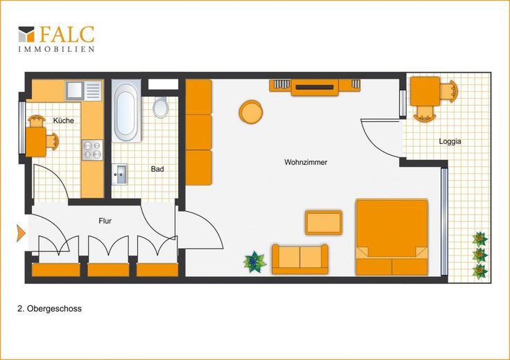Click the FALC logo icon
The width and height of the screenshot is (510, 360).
tap(26, 34)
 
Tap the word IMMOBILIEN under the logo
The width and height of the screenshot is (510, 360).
tap(56, 49)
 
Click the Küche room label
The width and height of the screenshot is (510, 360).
tap(64, 120)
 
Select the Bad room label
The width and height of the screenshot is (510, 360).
tap(157, 169)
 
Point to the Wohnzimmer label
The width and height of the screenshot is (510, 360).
tap(306, 162)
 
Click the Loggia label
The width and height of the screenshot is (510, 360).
tap(450, 141)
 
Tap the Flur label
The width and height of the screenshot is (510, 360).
tap(105, 221)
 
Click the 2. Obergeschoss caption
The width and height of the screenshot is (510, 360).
tap(49, 309)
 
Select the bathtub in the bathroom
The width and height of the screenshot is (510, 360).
tap(126, 111)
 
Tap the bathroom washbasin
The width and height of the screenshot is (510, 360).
tap(119, 174)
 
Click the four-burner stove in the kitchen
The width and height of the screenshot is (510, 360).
tap(92, 150)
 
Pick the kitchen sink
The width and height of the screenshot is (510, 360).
tap(84, 90)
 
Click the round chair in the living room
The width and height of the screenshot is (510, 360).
tap(251, 111)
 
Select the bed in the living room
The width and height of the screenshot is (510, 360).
tap(392, 237)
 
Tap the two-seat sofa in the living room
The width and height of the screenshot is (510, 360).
tap(300, 260)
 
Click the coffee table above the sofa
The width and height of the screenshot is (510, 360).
tap(324, 222)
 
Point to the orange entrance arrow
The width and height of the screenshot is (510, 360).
tap(21, 233)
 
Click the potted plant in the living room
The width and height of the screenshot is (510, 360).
tap(255, 262)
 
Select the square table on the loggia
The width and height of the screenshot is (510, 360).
tap(425, 91)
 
